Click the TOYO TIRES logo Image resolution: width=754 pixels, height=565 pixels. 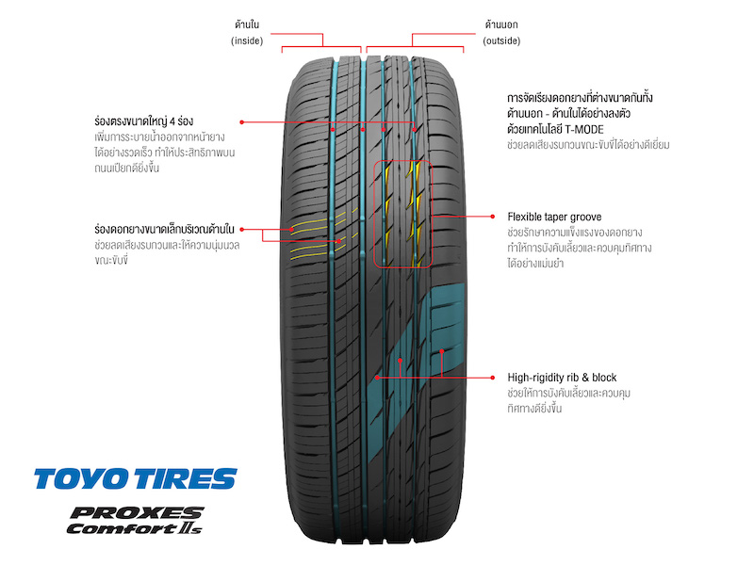click(136, 478)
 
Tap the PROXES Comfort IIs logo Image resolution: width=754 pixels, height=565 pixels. click(135, 521)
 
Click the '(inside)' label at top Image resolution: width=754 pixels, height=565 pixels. click(247, 40)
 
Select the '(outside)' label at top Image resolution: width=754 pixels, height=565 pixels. click(501, 40)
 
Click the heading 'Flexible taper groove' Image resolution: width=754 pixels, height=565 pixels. click(554, 217)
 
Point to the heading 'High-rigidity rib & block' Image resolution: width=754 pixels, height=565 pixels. click(562, 378)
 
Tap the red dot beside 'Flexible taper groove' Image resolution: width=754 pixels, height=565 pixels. click(492, 217)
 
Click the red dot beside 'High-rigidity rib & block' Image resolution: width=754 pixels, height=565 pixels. click(492, 378)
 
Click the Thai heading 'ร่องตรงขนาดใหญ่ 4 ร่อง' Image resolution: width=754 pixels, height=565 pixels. click(144, 121)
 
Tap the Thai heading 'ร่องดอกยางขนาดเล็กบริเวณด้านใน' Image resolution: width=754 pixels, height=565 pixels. click(164, 229)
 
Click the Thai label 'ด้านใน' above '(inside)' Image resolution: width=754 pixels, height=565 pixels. click(247, 24)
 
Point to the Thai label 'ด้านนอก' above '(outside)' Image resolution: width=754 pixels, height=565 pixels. click(501, 24)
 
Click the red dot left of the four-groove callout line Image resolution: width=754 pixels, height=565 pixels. click(242, 122)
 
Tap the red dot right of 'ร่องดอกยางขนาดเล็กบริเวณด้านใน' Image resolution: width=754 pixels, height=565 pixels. click(242, 229)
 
